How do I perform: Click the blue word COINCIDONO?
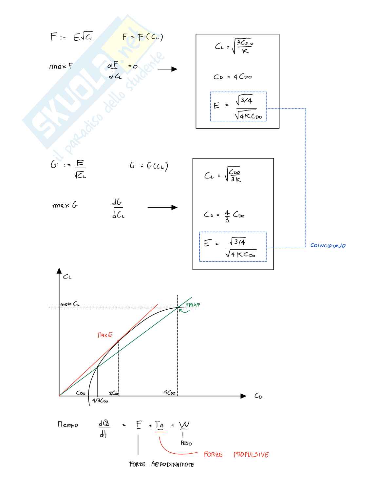coord(328,245)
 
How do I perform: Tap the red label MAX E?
coord(105,335)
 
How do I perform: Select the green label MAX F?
coord(193,305)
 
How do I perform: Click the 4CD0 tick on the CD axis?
coord(170,393)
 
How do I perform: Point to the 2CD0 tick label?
coord(114,393)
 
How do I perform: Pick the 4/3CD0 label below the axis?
coord(100,401)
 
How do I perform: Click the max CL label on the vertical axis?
coord(70,304)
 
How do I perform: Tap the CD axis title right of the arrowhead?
coord(258,396)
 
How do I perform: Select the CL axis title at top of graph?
coord(67,277)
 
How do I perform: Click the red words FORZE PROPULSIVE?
coord(236,455)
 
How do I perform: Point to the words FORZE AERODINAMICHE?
coord(161,464)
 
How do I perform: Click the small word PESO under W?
coord(186,443)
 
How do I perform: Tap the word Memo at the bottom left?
coord(68,425)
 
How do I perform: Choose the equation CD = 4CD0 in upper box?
coord(233,77)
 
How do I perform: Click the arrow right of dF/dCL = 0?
coord(167,69)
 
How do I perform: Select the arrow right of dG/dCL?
coord(162,207)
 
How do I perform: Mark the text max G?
coord(65,206)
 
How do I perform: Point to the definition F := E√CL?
coord(72,37)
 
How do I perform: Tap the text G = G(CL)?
coord(149,166)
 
